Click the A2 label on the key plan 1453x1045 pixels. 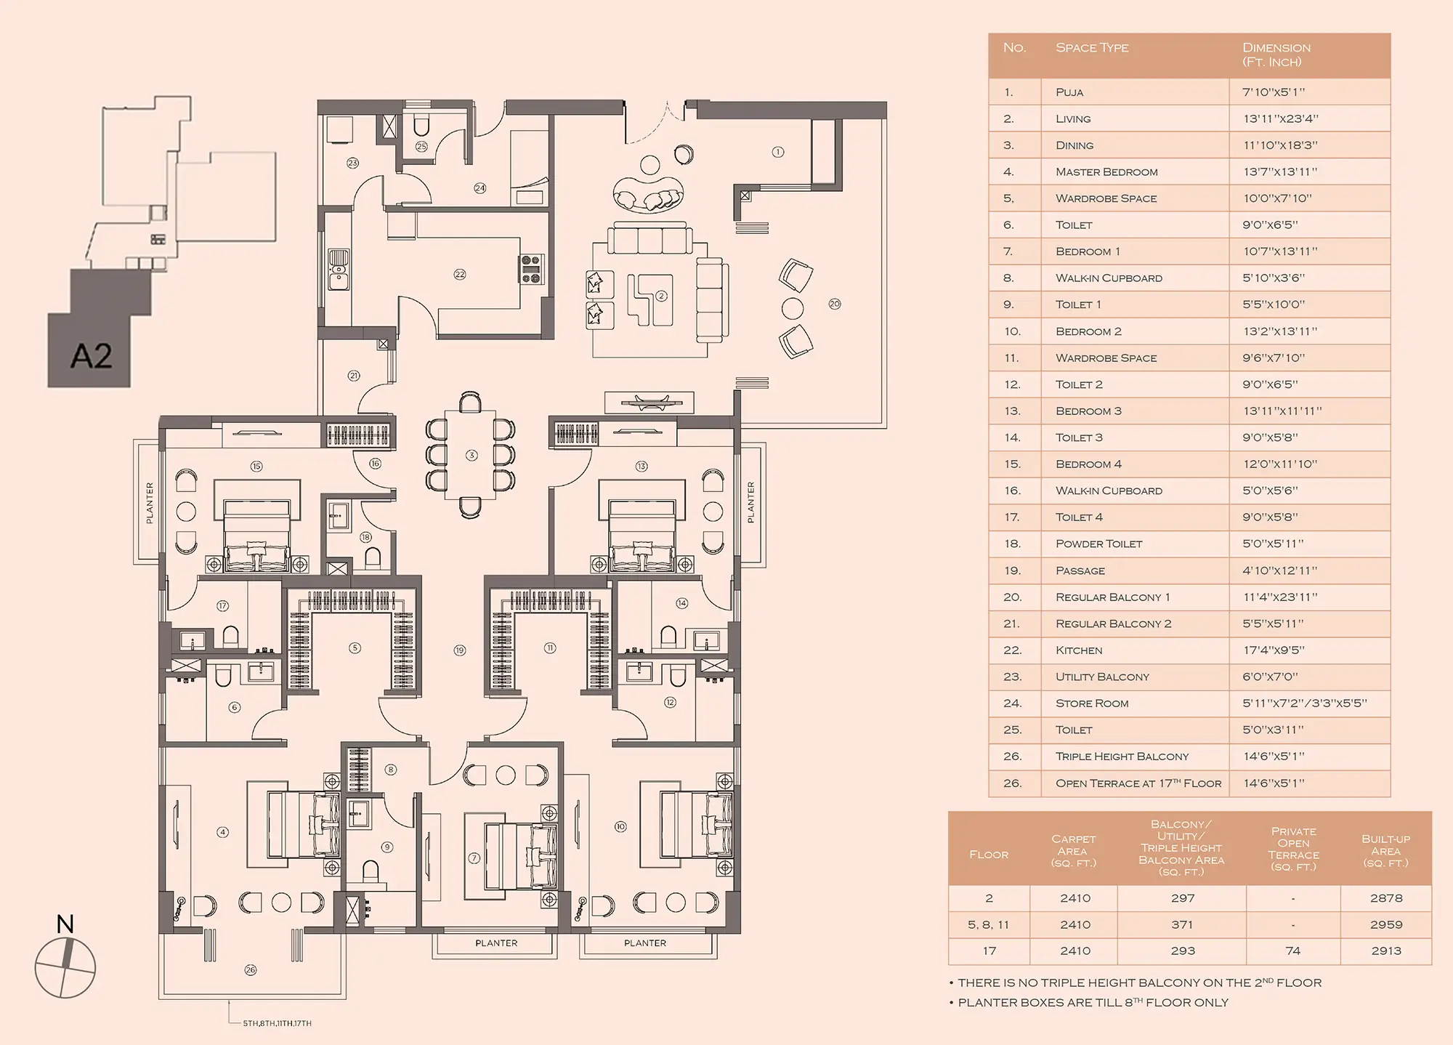92,356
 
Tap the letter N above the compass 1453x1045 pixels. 65,924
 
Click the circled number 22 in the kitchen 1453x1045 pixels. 460,275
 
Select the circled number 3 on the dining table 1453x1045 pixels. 472,456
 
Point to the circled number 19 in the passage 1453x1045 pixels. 460,651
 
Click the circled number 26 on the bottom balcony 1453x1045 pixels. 251,970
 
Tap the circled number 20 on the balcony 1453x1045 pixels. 835,304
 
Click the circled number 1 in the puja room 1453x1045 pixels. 778,152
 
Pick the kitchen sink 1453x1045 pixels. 339,269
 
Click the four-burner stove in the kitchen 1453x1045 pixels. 531,269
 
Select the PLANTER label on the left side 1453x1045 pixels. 150,503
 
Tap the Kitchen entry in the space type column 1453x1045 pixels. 1079,650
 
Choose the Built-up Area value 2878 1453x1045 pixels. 1386,898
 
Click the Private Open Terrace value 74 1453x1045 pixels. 1293,951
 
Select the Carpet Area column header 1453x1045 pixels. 1073,851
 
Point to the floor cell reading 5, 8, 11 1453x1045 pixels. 989,925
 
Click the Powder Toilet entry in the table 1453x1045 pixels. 1099,544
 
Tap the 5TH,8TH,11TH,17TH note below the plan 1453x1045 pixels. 277,1023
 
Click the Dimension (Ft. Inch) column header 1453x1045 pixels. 1276,55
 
